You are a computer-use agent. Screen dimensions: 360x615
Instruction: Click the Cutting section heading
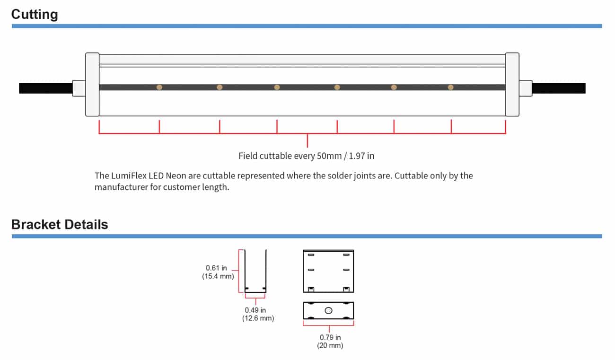tap(35, 14)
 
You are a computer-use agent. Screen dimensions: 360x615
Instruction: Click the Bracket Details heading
tap(60, 224)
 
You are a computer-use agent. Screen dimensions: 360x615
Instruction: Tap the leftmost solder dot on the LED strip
tap(159, 87)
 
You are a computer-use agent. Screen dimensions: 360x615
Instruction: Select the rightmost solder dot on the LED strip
tap(451, 87)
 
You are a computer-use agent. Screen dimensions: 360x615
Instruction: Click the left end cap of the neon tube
tap(92, 85)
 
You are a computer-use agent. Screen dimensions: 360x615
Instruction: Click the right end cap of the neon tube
tap(512, 85)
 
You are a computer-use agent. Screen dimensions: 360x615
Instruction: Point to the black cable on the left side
tap(45, 88)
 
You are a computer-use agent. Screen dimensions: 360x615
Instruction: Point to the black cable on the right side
tap(559, 88)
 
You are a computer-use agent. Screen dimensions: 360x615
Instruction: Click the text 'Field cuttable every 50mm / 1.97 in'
tap(307, 156)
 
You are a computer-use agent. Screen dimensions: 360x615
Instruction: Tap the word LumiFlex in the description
tap(129, 176)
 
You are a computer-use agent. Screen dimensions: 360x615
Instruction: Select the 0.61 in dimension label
tap(216, 268)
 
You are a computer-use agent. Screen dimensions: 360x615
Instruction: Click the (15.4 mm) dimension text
tap(218, 276)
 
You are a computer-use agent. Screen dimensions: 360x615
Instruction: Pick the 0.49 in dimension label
tap(255, 310)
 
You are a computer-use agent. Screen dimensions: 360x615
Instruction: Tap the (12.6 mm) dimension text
tap(258, 318)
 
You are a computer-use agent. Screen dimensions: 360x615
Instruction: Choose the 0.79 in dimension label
tap(330, 337)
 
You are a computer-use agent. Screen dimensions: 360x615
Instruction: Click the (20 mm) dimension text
tap(330, 345)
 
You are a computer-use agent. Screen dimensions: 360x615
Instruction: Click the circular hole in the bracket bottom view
tap(329, 310)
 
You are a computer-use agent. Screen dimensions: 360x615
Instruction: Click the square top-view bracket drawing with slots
tap(328, 271)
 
